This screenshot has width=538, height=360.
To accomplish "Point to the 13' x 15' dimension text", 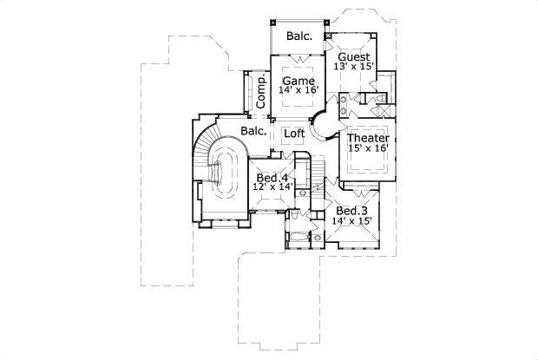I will [x=354, y=67].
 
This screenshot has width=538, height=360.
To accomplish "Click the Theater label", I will [x=368, y=138].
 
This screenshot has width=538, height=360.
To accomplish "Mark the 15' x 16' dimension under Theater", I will [x=368, y=149].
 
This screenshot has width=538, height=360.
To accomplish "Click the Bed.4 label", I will [x=271, y=178].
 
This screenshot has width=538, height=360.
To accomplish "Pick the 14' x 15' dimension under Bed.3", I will [x=351, y=222].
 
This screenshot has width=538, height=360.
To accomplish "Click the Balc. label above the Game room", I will [x=299, y=37].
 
